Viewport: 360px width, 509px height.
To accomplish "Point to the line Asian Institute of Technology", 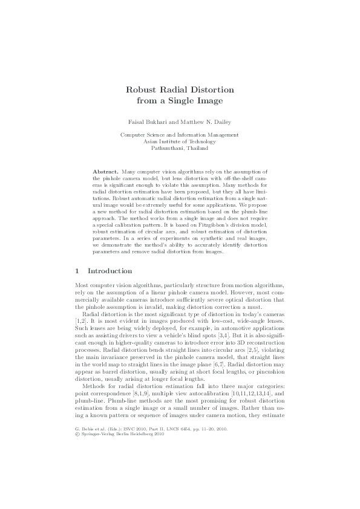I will click(x=180, y=141).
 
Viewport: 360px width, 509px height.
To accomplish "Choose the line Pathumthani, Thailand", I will click(x=180, y=148).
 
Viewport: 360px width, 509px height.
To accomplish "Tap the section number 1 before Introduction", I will click(x=77, y=271).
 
